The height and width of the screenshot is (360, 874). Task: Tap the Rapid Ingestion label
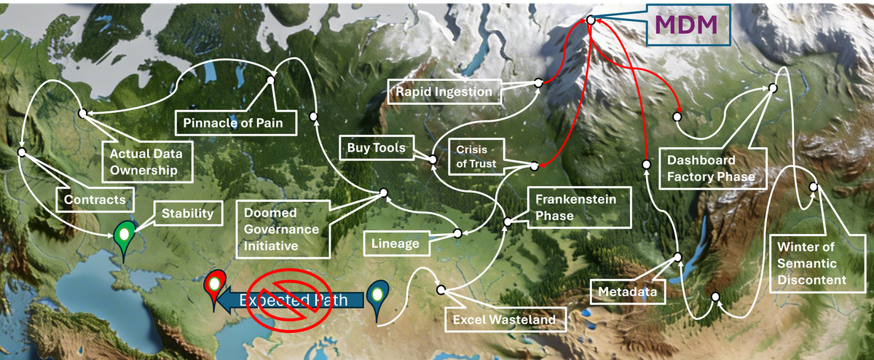coord(444,92)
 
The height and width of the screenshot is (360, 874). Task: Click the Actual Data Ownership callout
coord(146,162)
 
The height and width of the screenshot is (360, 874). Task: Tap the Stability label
coord(187,214)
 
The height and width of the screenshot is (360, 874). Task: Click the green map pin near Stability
coord(125,239)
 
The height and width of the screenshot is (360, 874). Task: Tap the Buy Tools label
coord(377,149)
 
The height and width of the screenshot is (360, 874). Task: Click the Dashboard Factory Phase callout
coord(706,168)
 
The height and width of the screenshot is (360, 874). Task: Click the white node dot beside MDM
coord(590,20)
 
